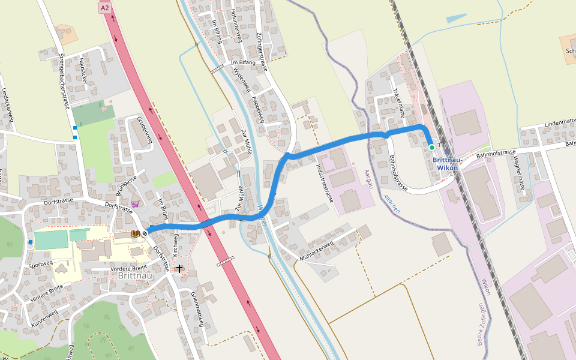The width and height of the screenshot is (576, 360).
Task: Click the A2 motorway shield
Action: click(105, 8)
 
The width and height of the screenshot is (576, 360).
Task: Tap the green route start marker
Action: click(431, 147)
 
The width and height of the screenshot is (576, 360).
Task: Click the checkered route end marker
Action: click(145, 233)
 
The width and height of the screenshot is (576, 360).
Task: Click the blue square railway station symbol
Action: click(447, 152)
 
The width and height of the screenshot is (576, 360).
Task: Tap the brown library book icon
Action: click(136, 233)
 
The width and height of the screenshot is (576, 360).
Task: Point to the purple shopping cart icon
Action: click(136, 204)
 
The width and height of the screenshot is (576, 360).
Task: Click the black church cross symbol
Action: click(179, 268)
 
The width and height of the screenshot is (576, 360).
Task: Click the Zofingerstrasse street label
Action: click(260, 52)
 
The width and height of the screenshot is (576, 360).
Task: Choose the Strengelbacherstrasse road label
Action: click(64, 80)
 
